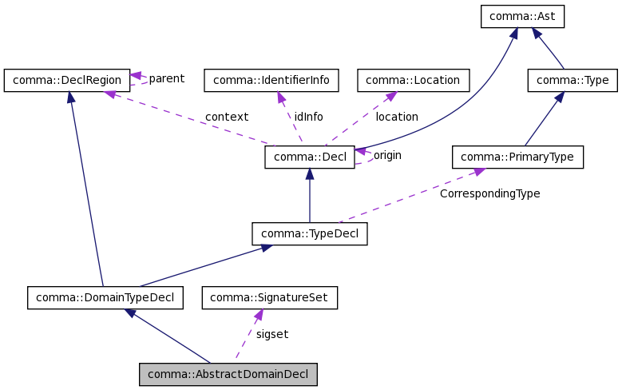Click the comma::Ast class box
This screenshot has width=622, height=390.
pyautogui.click(x=522, y=17)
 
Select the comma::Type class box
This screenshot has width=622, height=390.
pyautogui.click(x=572, y=80)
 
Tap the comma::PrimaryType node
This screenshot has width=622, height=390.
pyautogui.click(x=517, y=157)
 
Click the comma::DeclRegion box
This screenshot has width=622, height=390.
pyautogui.click(x=66, y=80)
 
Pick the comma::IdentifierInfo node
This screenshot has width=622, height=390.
pyautogui.click(x=271, y=80)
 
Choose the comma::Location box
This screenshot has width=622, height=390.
pyautogui.click(x=414, y=80)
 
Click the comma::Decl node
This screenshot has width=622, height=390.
pyautogui.click(x=310, y=157)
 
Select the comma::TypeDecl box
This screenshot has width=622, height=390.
pyautogui.click(x=310, y=233)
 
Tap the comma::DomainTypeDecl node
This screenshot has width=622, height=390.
pyautogui.click(x=105, y=298)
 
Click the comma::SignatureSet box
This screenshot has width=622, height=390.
pyautogui.click(x=270, y=298)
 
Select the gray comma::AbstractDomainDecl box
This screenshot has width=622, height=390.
pyautogui.click(x=228, y=374)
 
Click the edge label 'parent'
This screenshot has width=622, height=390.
pyautogui.click(x=166, y=78)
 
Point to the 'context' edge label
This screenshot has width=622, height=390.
pyautogui.click(x=227, y=117)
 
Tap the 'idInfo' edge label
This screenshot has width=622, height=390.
pyautogui.click(x=308, y=117)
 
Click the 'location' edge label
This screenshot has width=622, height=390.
pyautogui.click(x=397, y=117)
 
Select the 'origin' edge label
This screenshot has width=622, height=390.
pyautogui.click(x=387, y=155)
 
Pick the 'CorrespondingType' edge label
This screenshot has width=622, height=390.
pyautogui.click(x=489, y=193)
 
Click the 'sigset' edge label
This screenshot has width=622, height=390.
pyautogui.click(x=271, y=334)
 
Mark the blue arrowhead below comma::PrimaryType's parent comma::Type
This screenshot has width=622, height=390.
pyautogui.click(x=561, y=97)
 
